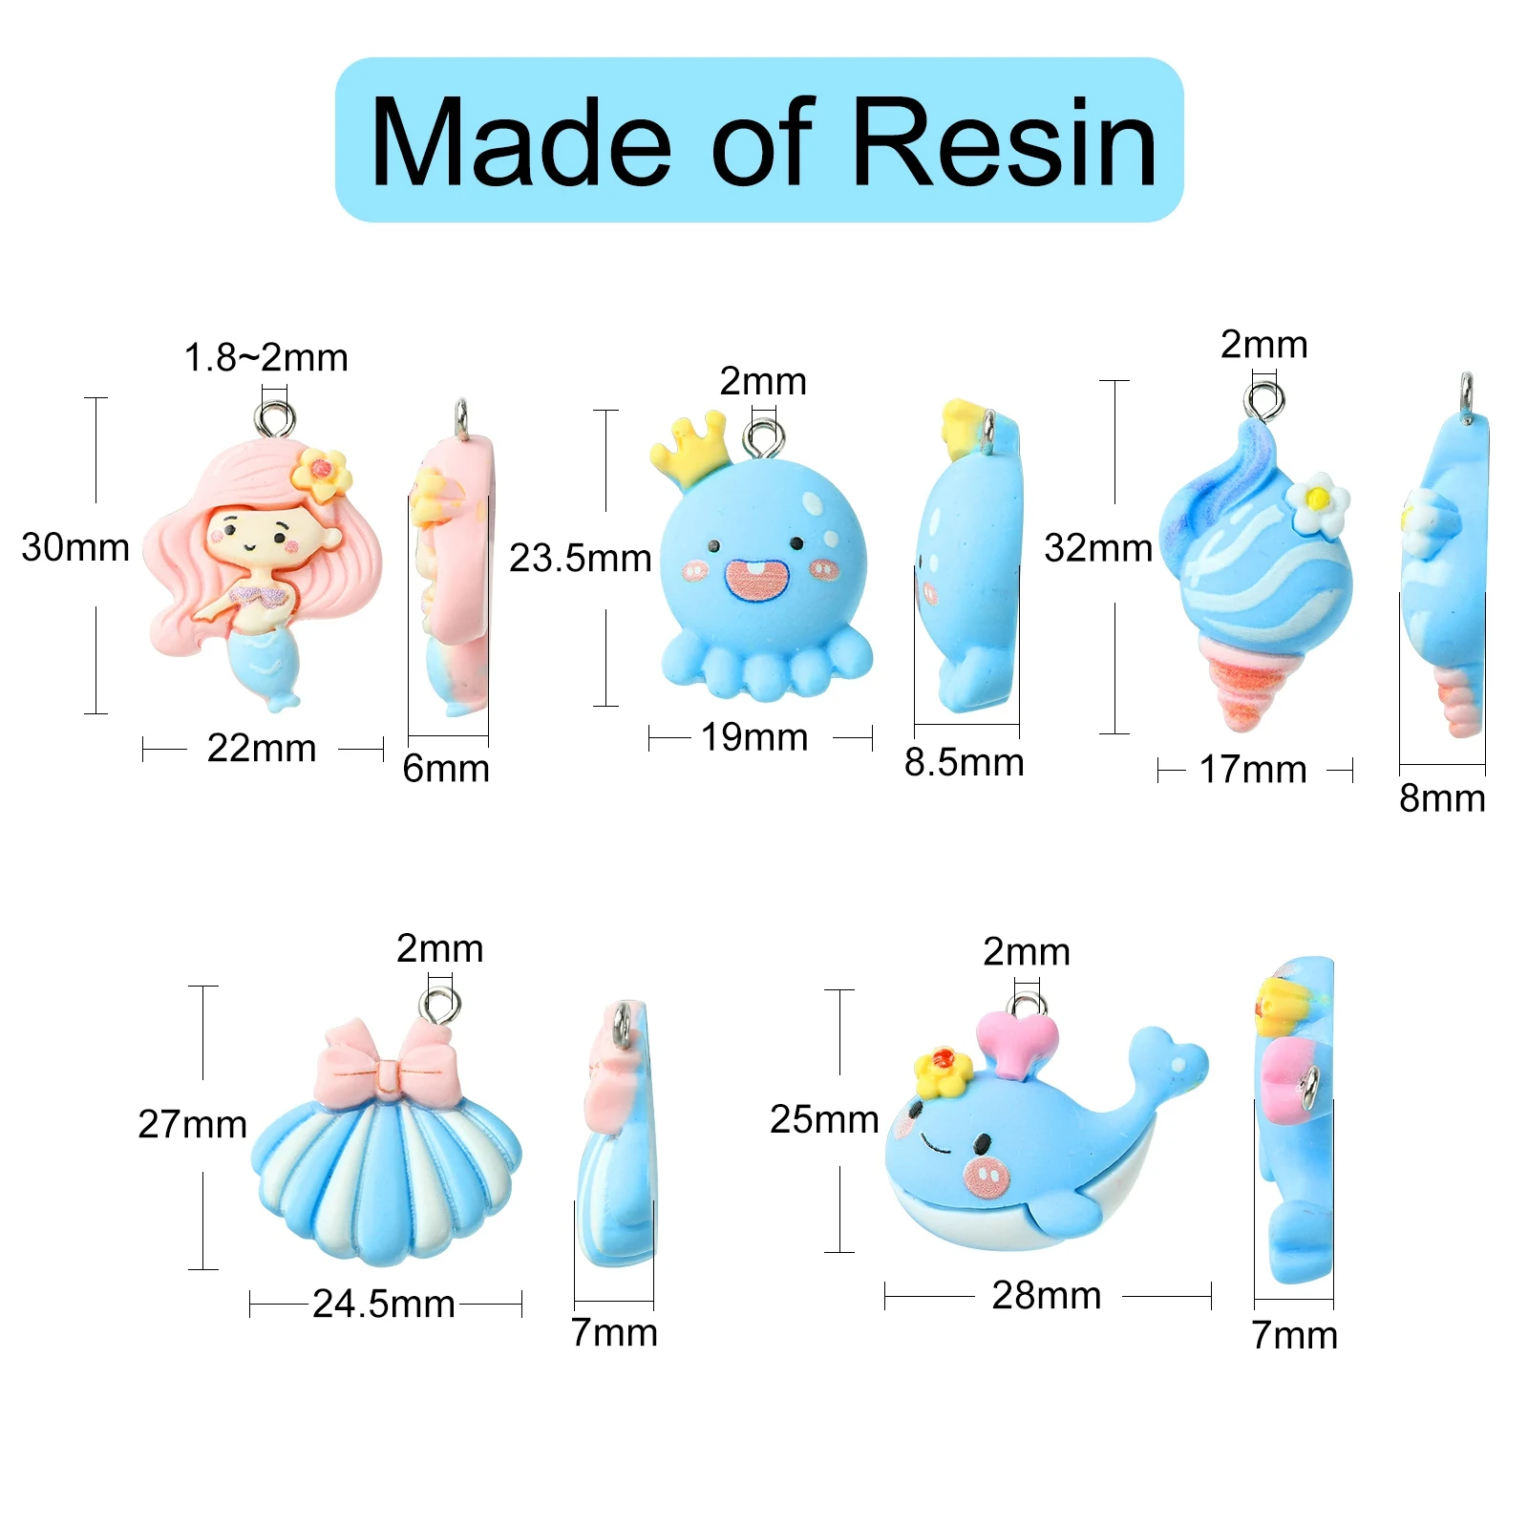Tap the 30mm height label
75,548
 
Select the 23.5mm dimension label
580,559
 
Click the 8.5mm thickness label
964,763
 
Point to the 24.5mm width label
384,1305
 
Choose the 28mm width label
1047,1296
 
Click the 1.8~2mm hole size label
265,358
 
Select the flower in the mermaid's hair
321,473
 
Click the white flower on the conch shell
1318,504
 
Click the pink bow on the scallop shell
388,1064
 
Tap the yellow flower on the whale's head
943,1071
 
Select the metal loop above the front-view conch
1264,399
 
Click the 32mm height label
1098,549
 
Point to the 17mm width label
1253,770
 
